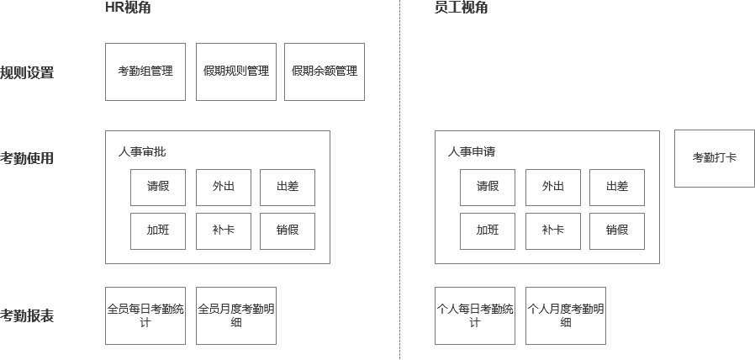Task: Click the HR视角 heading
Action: pyautogui.click(x=128, y=8)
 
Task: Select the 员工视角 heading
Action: pyautogui.click(x=461, y=8)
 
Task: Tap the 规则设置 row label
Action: pyautogui.click(x=27, y=73)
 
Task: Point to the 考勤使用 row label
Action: pyautogui.click(x=27, y=158)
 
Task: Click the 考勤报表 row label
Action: pyautogui.click(x=27, y=316)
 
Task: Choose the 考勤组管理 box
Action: pyautogui.click(x=145, y=71)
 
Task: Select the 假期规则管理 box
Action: pyautogui.click(x=236, y=71)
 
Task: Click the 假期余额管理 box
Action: pyautogui.click(x=325, y=71)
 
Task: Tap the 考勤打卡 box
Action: pyautogui.click(x=715, y=159)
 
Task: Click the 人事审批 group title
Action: pyautogui.click(x=142, y=151)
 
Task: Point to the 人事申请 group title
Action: pyautogui.click(x=472, y=151)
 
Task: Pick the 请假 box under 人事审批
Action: pyautogui.click(x=158, y=188)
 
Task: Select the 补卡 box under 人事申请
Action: pyautogui.click(x=553, y=231)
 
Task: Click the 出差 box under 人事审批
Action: pyautogui.click(x=288, y=188)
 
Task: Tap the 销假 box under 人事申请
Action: pyautogui.click(x=617, y=231)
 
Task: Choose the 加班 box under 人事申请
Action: pyautogui.click(x=488, y=231)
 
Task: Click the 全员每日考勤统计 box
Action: pyautogui.click(x=145, y=316)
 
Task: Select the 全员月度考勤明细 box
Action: pyautogui.click(x=236, y=316)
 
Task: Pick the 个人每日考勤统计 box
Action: pyautogui.click(x=475, y=316)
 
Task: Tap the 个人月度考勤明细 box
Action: pyautogui.click(x=566, y=316)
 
